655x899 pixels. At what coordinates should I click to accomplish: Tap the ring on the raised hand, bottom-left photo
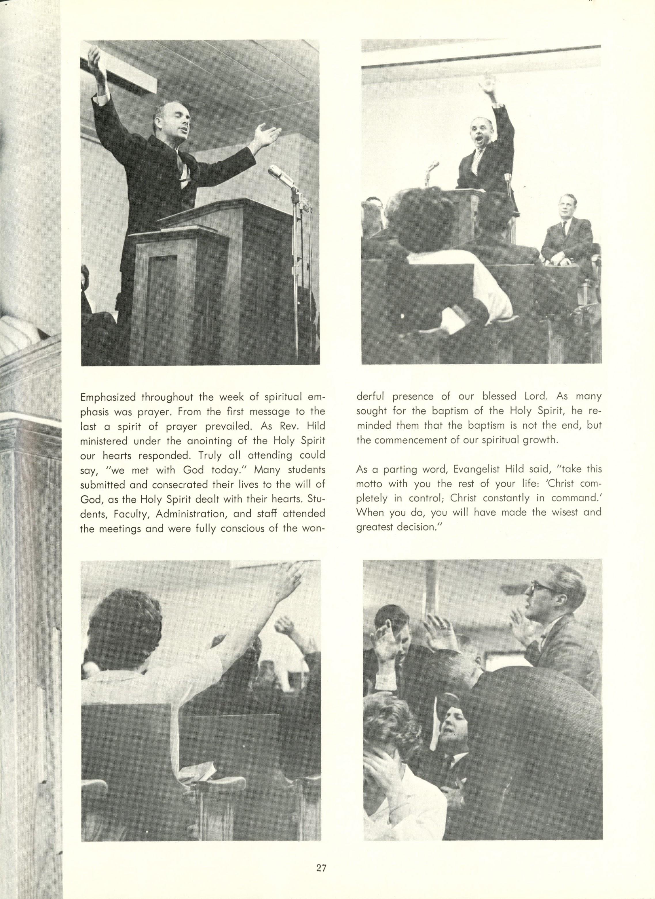[x=297, y=577]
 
